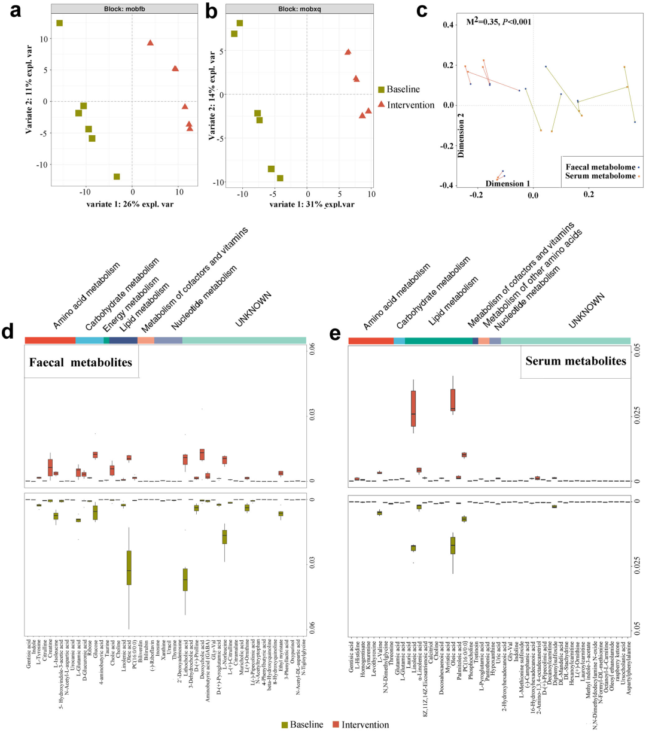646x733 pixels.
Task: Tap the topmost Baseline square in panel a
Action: coord(60,23)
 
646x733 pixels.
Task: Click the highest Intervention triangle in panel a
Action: coord(150,43)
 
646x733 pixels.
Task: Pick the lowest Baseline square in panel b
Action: coord(280,178)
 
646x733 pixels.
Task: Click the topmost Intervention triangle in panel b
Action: coord(348,53)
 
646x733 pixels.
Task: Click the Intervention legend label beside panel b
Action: coord(410,105)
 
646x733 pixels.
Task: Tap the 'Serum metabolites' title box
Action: coord(575,361)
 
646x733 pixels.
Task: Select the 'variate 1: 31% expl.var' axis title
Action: coord(312,205)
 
